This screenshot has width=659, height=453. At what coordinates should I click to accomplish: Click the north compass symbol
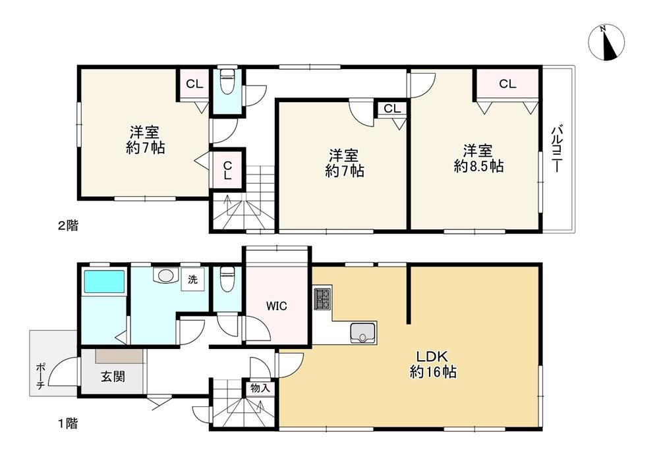[606, 42]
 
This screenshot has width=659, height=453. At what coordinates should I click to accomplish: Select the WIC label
[277, 306]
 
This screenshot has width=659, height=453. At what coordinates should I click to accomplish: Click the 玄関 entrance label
[113, 376]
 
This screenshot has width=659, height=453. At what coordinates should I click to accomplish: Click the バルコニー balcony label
[557, 148]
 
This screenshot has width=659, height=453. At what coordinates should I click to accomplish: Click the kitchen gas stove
[322, 299]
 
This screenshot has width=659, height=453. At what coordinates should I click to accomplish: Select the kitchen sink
[362, 333]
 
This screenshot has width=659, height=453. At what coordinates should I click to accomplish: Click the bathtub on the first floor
[104, 281]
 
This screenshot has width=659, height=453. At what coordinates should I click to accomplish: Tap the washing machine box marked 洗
[193, 279]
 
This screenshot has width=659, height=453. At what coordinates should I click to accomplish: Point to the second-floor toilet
[227, 80]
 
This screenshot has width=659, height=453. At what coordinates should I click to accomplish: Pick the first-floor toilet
[227, 279]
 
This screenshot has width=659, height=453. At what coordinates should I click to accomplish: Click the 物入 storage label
[260, 388]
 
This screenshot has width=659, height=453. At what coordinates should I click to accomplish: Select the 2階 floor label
[68, 225]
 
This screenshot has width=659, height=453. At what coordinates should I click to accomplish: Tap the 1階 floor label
[68, 423]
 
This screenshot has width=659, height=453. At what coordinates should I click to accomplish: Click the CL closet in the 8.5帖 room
[507, 84]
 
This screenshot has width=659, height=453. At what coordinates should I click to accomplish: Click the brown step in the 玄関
[119, 356]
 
